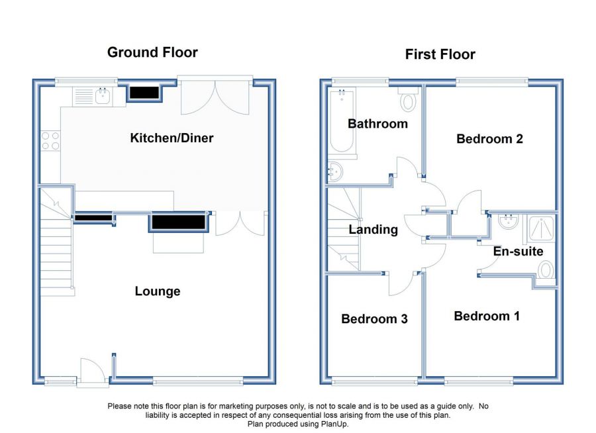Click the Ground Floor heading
152,52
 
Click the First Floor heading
440,54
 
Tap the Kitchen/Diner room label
172,138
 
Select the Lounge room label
158,291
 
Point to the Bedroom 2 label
489,139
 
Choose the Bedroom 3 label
374,318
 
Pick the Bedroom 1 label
487,316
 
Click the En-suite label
518,252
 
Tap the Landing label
373,230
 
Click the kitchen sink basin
103,96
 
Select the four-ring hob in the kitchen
50,140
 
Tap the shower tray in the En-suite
541,229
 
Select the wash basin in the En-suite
508,222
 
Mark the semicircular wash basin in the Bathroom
335,172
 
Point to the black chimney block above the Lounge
178,222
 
